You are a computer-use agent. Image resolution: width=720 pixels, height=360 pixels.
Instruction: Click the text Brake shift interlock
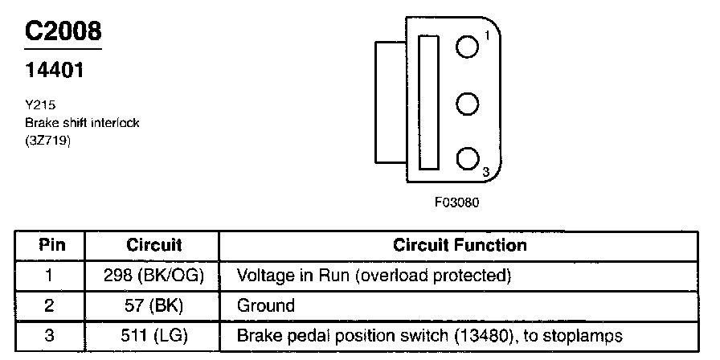point(82,122)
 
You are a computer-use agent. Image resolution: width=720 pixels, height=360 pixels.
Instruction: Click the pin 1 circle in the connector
point(467,47)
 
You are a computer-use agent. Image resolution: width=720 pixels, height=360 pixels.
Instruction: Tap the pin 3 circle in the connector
point(467,159)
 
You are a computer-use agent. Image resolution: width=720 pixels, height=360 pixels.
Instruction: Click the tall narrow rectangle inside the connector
point(429,103)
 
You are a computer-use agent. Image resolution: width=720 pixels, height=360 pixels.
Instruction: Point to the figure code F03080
point(456,202)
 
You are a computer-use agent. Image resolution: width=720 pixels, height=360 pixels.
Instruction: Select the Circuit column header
point(154,245)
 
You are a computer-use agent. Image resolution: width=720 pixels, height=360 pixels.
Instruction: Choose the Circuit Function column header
point(460,245)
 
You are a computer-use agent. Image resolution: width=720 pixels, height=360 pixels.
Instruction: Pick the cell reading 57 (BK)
point(154,305)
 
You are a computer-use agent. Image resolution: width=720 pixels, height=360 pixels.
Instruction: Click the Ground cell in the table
point(266,305)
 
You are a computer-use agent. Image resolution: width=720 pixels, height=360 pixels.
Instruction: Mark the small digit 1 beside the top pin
point(487,35)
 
